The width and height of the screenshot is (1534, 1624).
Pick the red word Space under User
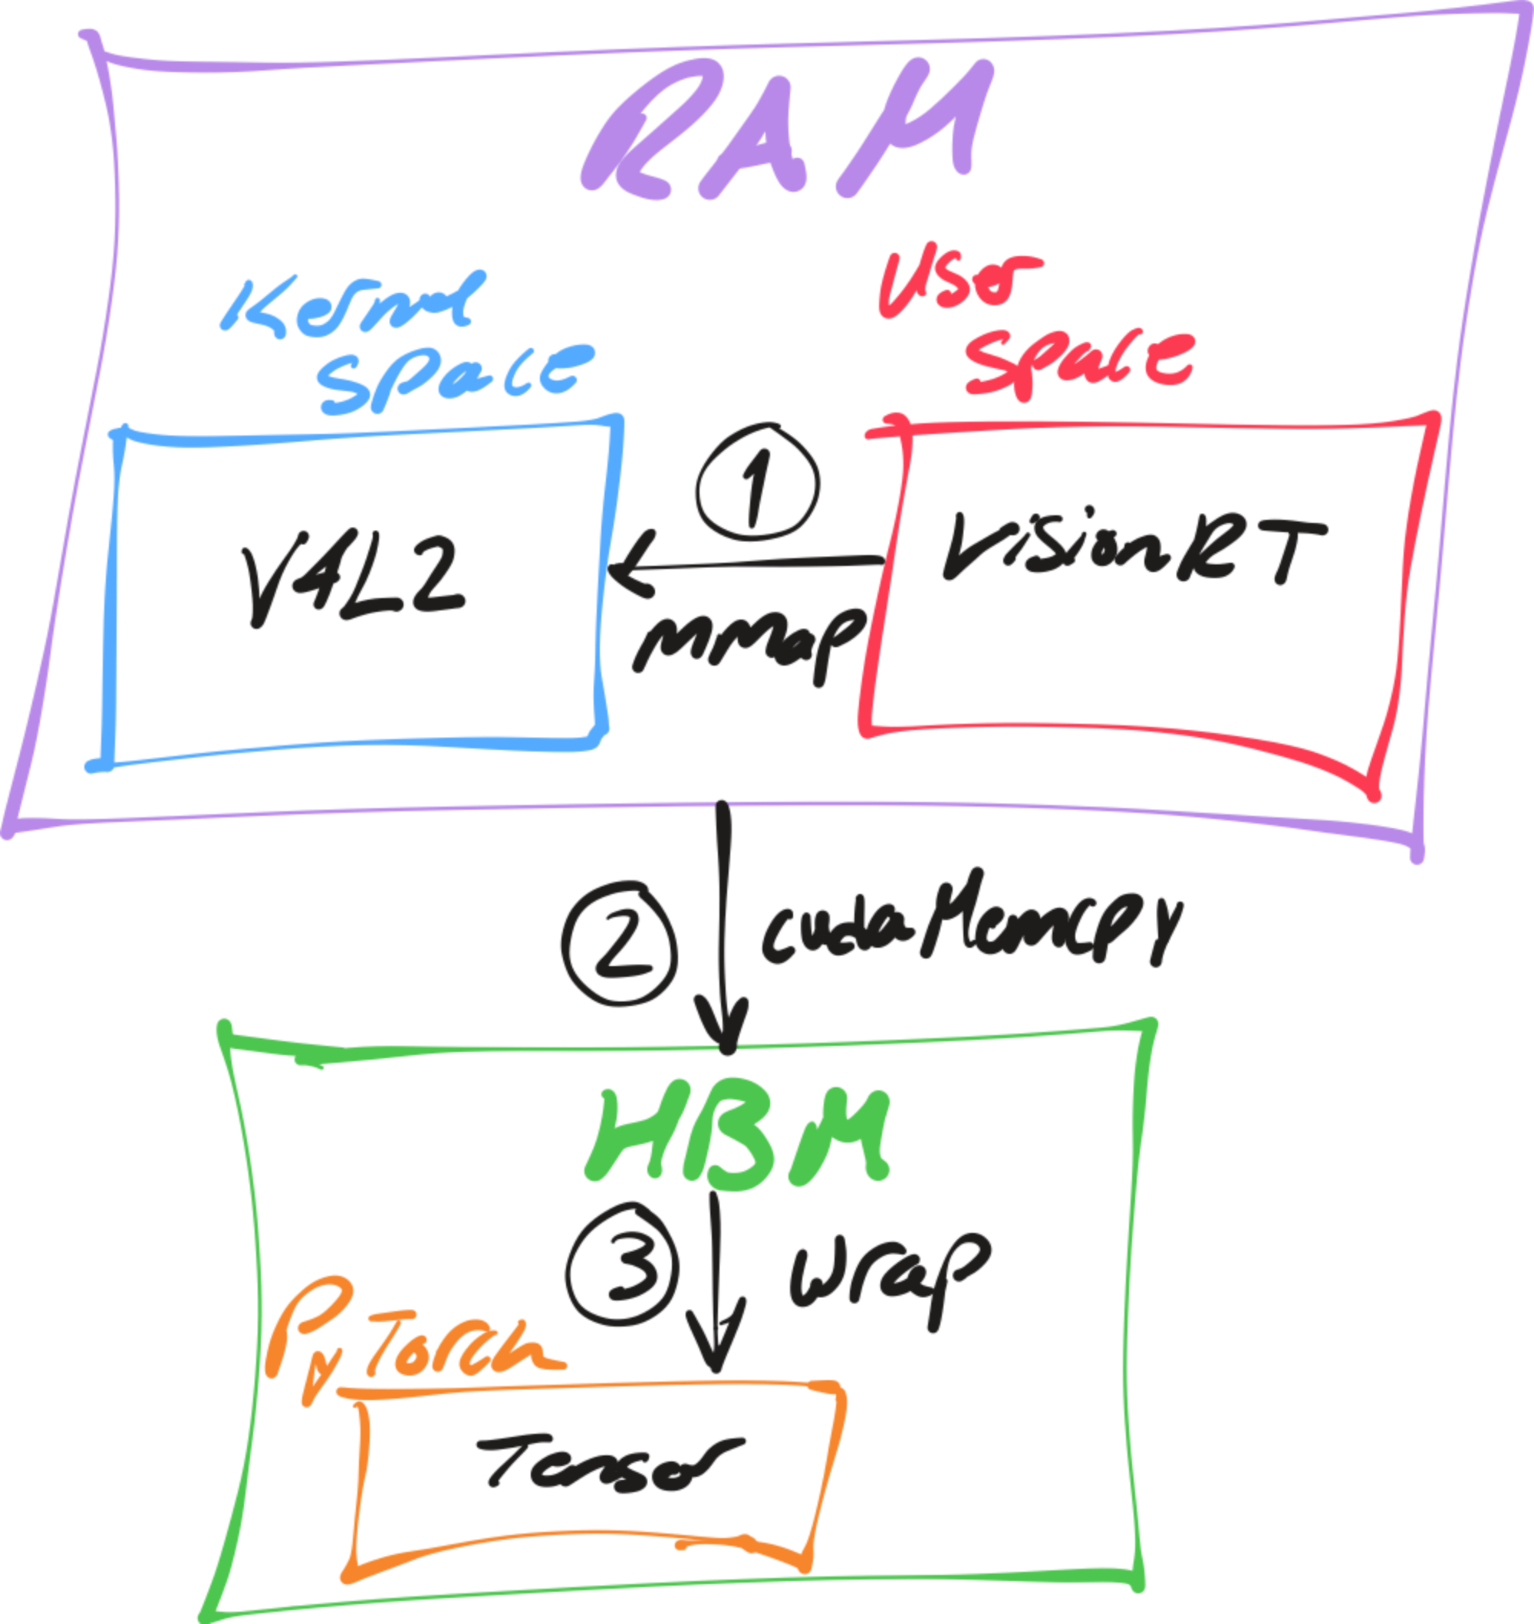tap(1079, 363)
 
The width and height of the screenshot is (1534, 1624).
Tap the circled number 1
tap(757, 482)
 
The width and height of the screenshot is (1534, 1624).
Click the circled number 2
tap(620, 944)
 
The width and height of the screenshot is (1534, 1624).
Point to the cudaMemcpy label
tap(969, 923)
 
